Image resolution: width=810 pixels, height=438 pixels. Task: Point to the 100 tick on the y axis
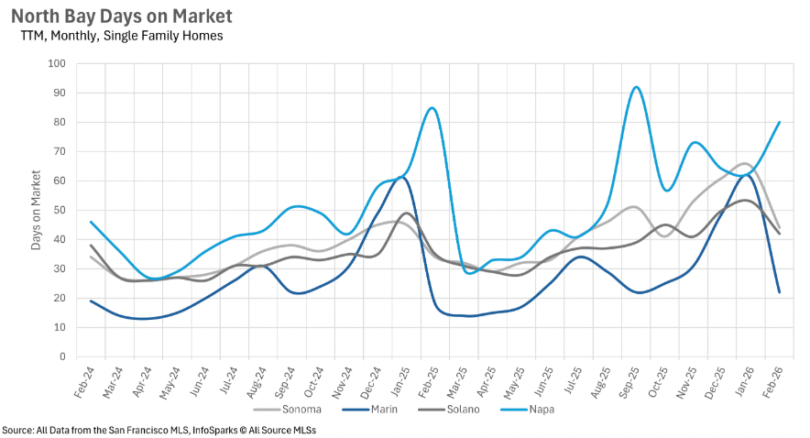58,63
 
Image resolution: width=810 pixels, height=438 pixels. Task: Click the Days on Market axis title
36,210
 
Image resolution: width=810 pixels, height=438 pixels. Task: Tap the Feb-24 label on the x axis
83,382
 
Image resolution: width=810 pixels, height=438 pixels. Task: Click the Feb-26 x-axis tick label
773,382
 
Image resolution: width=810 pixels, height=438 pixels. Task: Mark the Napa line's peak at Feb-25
432,108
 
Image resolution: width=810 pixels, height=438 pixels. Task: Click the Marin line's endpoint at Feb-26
779,291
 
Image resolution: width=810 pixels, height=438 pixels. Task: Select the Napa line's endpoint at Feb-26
779,122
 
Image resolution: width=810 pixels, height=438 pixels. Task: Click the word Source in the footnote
18,430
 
